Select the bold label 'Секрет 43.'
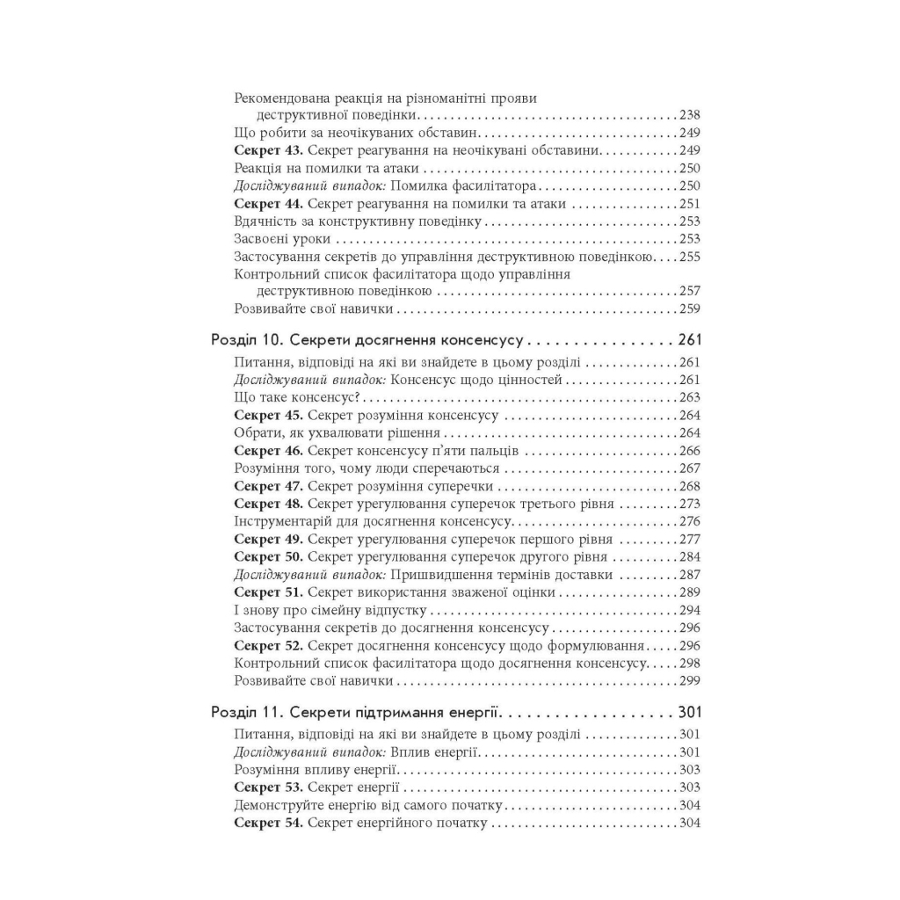click(x=268, y=150)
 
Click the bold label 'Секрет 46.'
click(x=268, y=451)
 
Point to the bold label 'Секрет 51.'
click(x=268, y=592)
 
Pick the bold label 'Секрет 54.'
click(x=268, y=824)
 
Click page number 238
click(x=690, y=115)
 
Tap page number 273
click(x=690, y=504)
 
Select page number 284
click(x=690, y=557)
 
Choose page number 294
click(x=690, y=610)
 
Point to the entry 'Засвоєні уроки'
click(x=284, y=239)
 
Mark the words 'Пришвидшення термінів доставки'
click(x=502, y=575)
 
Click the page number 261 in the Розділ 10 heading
click(x=690, y=340)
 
